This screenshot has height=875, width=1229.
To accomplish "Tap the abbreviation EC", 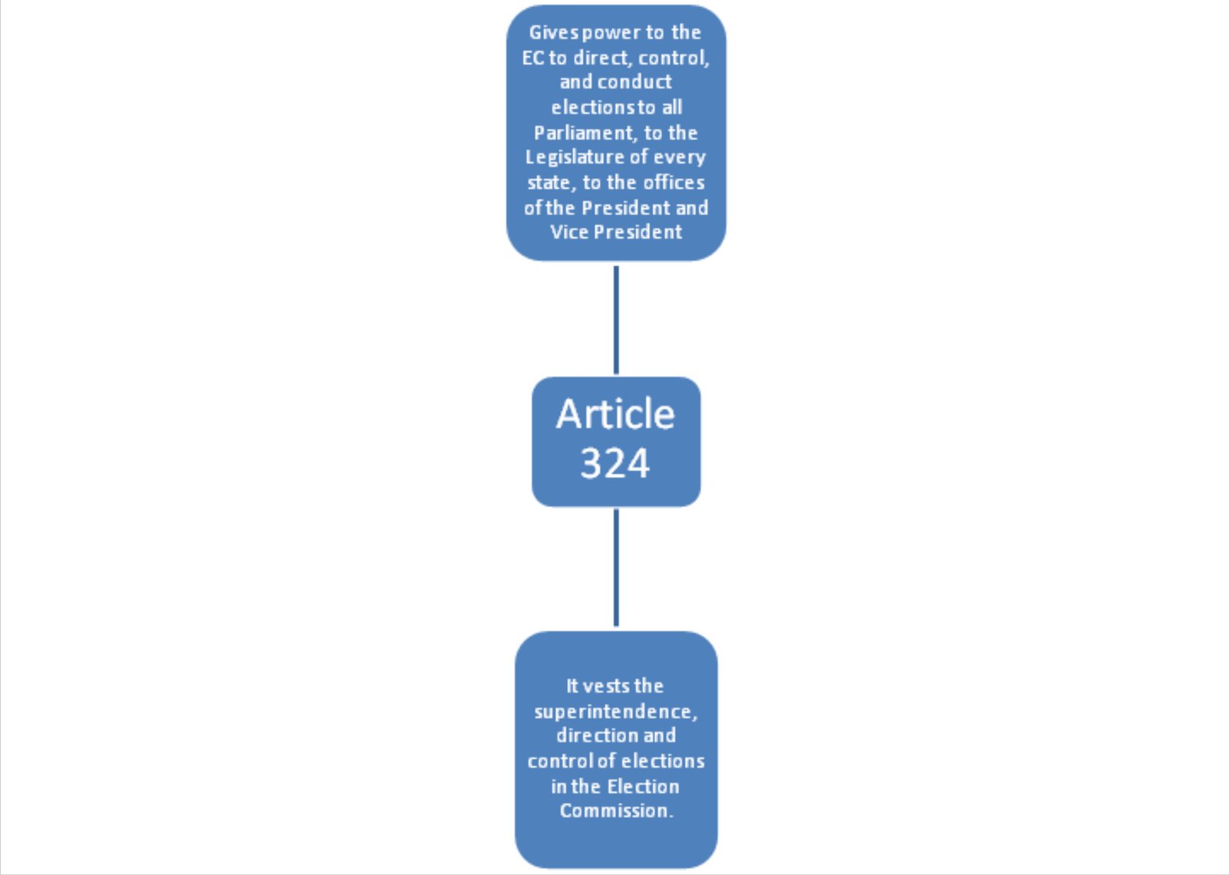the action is (533, 58).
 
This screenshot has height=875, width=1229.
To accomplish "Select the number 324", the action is (615, 463).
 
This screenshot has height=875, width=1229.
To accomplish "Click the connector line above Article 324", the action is (616, 320).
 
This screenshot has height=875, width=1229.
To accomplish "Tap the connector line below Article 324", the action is (616, 567).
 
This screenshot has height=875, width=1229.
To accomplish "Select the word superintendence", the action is (615, 712).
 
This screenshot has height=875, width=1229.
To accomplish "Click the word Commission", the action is (615, 810).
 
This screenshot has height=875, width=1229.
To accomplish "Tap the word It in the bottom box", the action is (572, 686).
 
